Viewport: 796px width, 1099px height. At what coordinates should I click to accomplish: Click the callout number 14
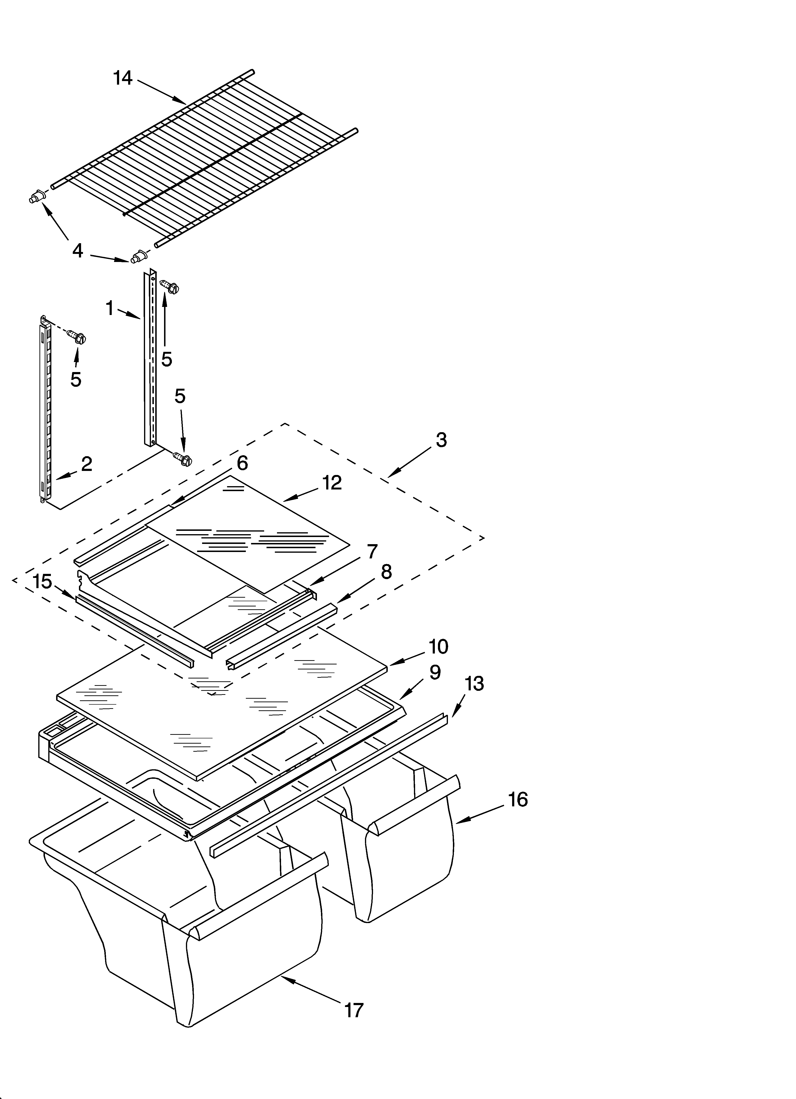pos(123,78)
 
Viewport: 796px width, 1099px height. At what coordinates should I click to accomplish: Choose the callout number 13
pos(474,684)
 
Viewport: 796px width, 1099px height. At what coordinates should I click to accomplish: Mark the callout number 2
pos(86,464)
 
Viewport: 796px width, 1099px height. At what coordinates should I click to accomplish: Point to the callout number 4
pos(78,251)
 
